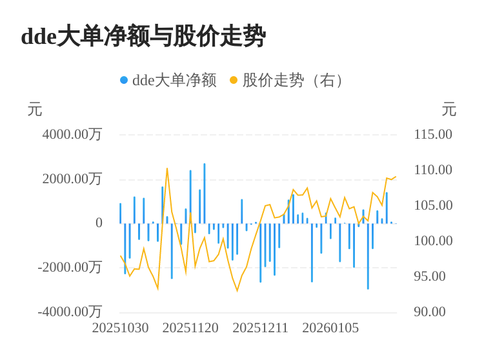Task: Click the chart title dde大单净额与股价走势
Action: [143, 36]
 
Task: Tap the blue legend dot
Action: [124, 80]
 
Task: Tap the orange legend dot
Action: [234, 80]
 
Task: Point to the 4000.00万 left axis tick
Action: [72, 134]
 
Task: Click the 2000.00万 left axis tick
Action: [72, 179]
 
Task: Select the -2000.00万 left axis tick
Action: [70, 267]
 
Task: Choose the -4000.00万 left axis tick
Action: [70, 312]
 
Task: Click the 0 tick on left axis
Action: [99, 223]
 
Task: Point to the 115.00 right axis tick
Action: [433, 134]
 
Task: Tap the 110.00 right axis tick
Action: [433, 170]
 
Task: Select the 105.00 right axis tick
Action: [433, 205]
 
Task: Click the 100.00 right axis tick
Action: [433, 241]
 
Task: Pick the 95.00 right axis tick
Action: [430, 276]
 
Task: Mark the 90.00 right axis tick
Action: [430, 312]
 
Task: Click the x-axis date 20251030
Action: [121, 328]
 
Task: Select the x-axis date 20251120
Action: [190, 328]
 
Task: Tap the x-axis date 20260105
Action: [330, 328]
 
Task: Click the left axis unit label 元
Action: [35, 110]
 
